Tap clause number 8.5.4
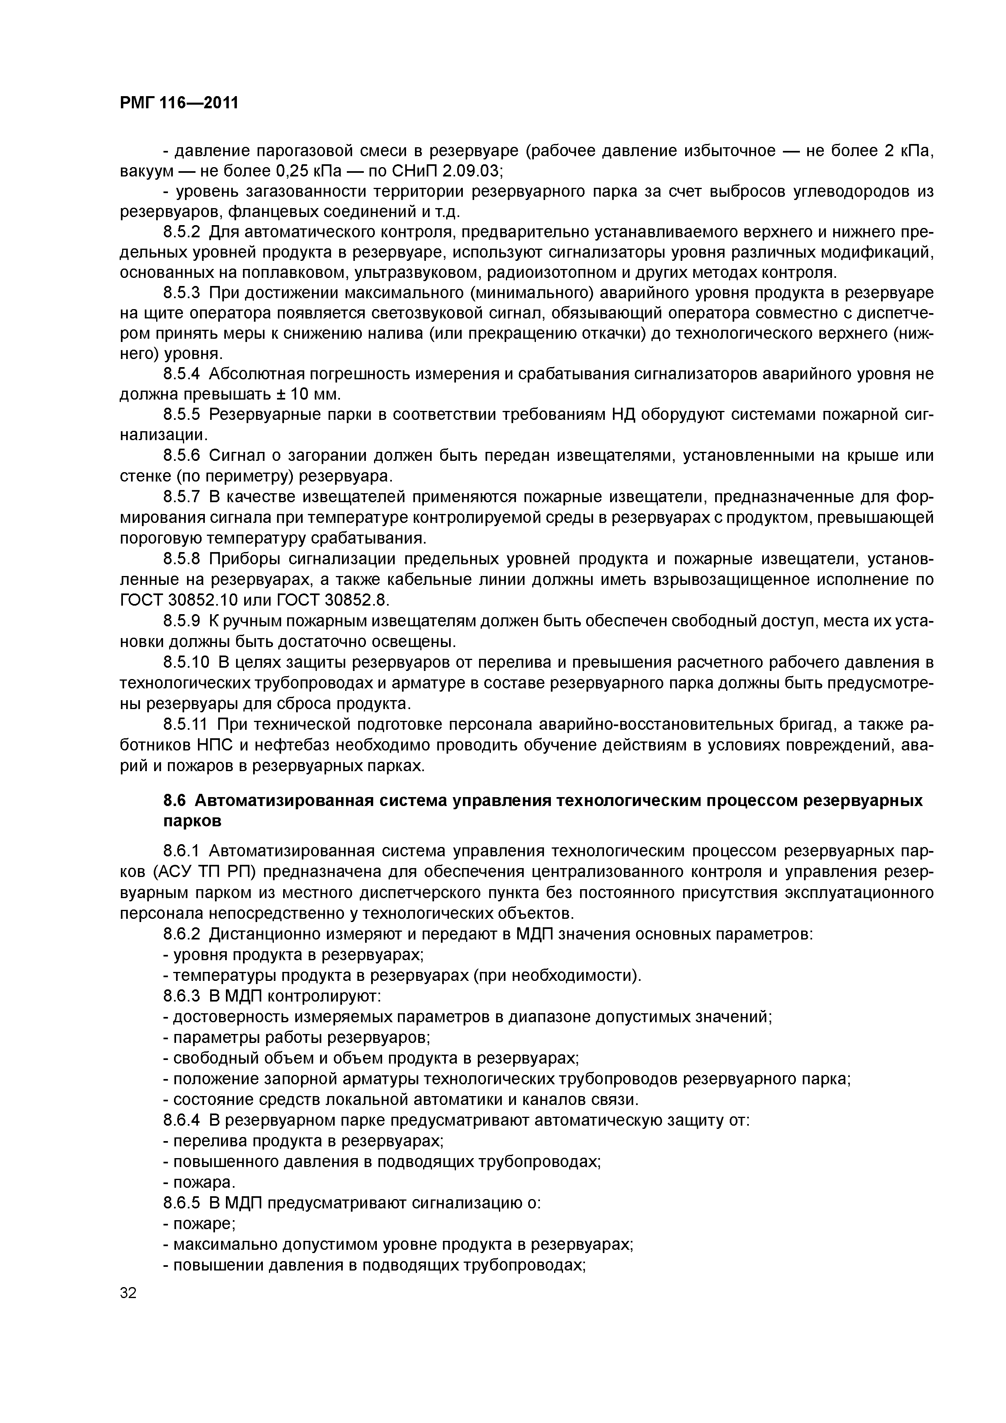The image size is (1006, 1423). pyautogui.click(x=182, y=374)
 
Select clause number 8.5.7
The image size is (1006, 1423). pyautogui.click(x=182, y=497)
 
